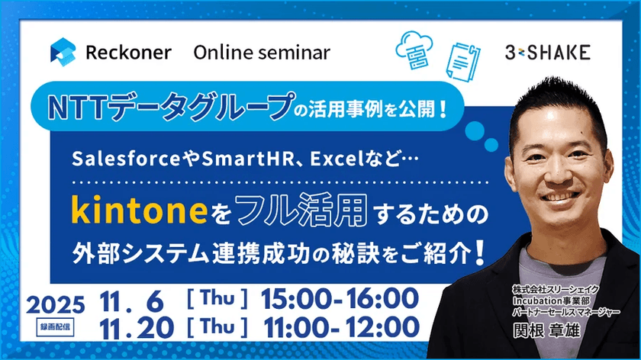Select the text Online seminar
262,53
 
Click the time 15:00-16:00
339,299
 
